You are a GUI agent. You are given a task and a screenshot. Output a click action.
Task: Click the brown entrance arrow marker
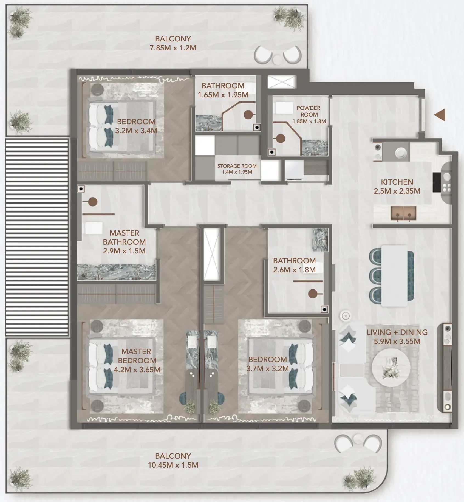pyautogui.click(x=440, y=115)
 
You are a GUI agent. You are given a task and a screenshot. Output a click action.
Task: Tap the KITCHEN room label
pyautogui.click(x=397, y=182)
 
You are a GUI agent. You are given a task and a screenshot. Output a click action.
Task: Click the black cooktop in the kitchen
pyautogui.click(x=437, y=182)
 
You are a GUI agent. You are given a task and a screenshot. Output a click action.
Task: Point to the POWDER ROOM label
pyautogui.click(x=309, y=111)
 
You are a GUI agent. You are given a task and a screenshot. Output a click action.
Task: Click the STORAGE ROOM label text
pyautogui.click(x=237, y=166)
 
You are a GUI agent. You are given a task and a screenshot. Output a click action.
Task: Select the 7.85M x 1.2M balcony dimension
pyautogui.click(x=173, y=48)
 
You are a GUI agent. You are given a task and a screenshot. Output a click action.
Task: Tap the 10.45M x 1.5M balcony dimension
pyautogui.click(x=173, y=465)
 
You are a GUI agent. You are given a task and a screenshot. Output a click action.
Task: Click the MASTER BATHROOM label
pyautogui.click(x=124, y=238)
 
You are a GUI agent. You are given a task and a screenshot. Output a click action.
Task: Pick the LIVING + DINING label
pyautogui.click(x=397, y=332)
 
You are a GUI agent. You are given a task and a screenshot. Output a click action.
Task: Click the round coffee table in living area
pyautogui.click(x=391, y=367)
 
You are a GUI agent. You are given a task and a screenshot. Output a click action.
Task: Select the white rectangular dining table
pyautogui.click(x=394, y=276)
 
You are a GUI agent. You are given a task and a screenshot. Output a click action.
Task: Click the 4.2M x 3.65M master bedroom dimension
pyautogui.click(x=137, y=370)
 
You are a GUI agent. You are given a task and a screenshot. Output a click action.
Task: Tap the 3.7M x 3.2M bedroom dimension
pyautogui.click(x=267, y=369)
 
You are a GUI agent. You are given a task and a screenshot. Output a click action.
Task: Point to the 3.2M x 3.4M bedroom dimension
pyautogui.click(x=136, y=131)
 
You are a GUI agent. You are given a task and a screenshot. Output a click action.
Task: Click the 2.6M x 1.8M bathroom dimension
pyautogui.click(x=294, y=270)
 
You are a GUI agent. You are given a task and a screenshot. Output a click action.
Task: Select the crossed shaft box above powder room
pyautogui.click(x=282, y=82)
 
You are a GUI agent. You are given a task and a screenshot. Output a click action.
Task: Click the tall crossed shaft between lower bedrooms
pyautogui.click(x=212, y=254)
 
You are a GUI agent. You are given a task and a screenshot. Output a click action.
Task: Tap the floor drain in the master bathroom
pyautogui.click(x=81, y=189)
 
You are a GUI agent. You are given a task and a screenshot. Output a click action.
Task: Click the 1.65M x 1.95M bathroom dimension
pyautogui.click(x=223, y=95)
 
